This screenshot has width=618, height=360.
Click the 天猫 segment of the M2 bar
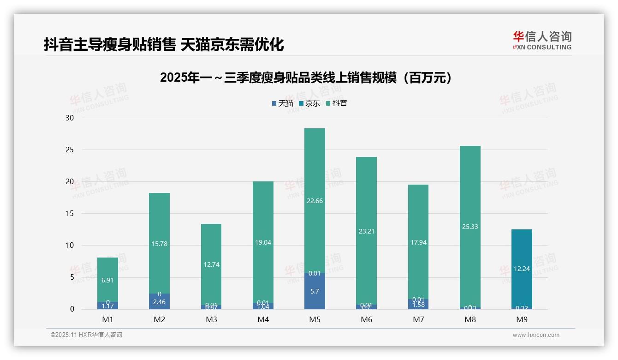(x=159, y=302)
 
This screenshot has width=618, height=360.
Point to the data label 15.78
(x=159, y=244)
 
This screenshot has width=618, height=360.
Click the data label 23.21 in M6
(x=366, y=231)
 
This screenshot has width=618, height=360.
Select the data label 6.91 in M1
(x=107, y=280)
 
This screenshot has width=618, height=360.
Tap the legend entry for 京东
(x=309, y=103)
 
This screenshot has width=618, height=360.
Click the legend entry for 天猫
(x=282, y=103)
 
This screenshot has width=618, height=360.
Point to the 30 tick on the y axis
(x=70, y=118)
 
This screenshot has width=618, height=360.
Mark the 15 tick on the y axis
(x=70, y=213)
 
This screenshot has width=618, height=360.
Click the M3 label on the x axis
(x=211, y=319)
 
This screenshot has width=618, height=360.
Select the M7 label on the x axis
(x=418, y=319)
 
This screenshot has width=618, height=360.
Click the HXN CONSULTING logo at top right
(x=542, y=41)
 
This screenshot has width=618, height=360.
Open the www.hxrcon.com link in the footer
(x=536, y=335)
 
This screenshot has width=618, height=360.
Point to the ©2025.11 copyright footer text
(x=86, y=335)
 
